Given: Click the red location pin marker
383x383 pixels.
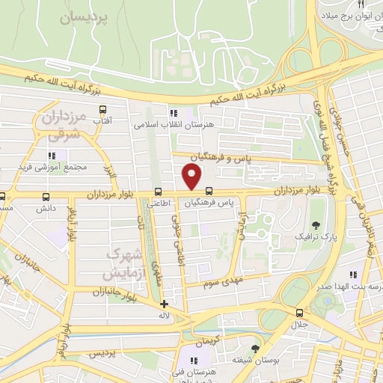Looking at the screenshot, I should point(192,177).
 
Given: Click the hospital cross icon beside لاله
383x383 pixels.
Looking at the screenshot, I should point(165,304).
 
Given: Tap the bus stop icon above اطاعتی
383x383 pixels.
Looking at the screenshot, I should point(158,191).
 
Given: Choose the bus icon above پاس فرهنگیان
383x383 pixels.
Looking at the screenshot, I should point(208,191).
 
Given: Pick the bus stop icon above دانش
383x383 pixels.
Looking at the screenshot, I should point(47,197).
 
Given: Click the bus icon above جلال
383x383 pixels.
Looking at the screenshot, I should point(299,313).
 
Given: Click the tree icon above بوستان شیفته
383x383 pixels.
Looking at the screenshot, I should point(256,348).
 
